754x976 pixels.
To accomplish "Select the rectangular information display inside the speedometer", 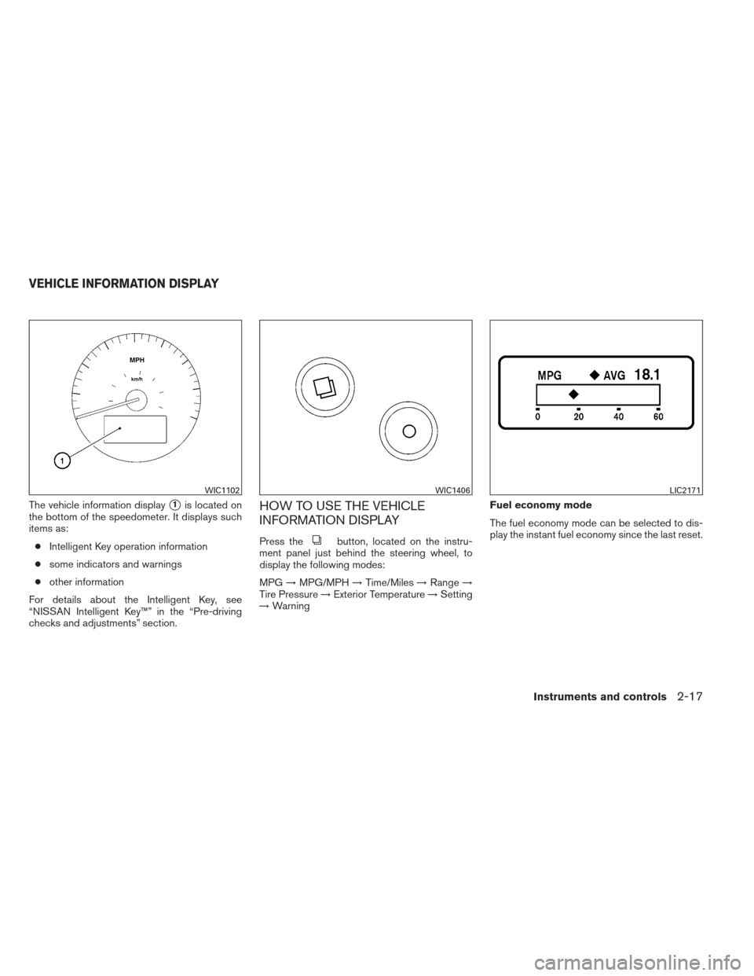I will pyautogui.click(x=134, y=429).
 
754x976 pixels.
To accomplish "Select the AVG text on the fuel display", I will pyautogui.click(x=614, y=376).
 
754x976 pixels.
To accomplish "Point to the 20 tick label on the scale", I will pyautogui.click(x=578, y=417).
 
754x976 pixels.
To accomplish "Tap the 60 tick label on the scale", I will pyautogui.click(x=658, y=417).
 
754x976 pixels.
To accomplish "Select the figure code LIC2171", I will pyautogui.click(x=684, y=490).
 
